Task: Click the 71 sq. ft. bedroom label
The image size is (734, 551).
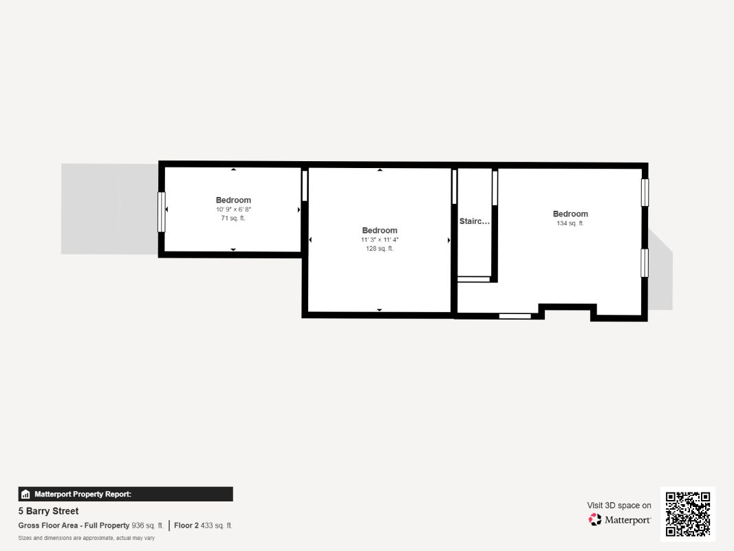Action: tap(233, 200)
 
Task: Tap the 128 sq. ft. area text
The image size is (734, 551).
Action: tap(380, 249)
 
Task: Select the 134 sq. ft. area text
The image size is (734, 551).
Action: tap(570, 223)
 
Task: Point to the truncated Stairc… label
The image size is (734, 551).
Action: tap(474, 221)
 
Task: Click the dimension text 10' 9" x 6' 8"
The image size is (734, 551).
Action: tap(233, 209)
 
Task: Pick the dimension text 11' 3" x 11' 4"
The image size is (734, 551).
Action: tap(380, 240)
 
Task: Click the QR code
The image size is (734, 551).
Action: tap(688, 514)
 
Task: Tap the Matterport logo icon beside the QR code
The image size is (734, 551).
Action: tap(594, 519)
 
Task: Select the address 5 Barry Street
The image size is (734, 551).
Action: tap(48, 510)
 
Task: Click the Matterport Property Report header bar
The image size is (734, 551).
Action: tap(125, 494)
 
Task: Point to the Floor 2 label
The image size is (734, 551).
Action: tap(186, 526)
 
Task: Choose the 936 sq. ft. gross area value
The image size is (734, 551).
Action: tap(147, 526)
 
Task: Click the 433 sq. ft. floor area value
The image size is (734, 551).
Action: tap(216, 526)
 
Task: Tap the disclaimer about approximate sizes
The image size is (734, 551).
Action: tap(86, 538)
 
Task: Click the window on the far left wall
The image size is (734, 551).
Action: tap(162, 211)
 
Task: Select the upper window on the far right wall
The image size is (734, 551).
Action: tap(645, 193)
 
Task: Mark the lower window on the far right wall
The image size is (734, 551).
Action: tap(645, 263)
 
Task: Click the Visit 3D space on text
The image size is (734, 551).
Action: tap(619, 505)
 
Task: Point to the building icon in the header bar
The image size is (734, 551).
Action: tap(25, 494)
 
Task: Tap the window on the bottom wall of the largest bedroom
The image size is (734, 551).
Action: tap(515, 316)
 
